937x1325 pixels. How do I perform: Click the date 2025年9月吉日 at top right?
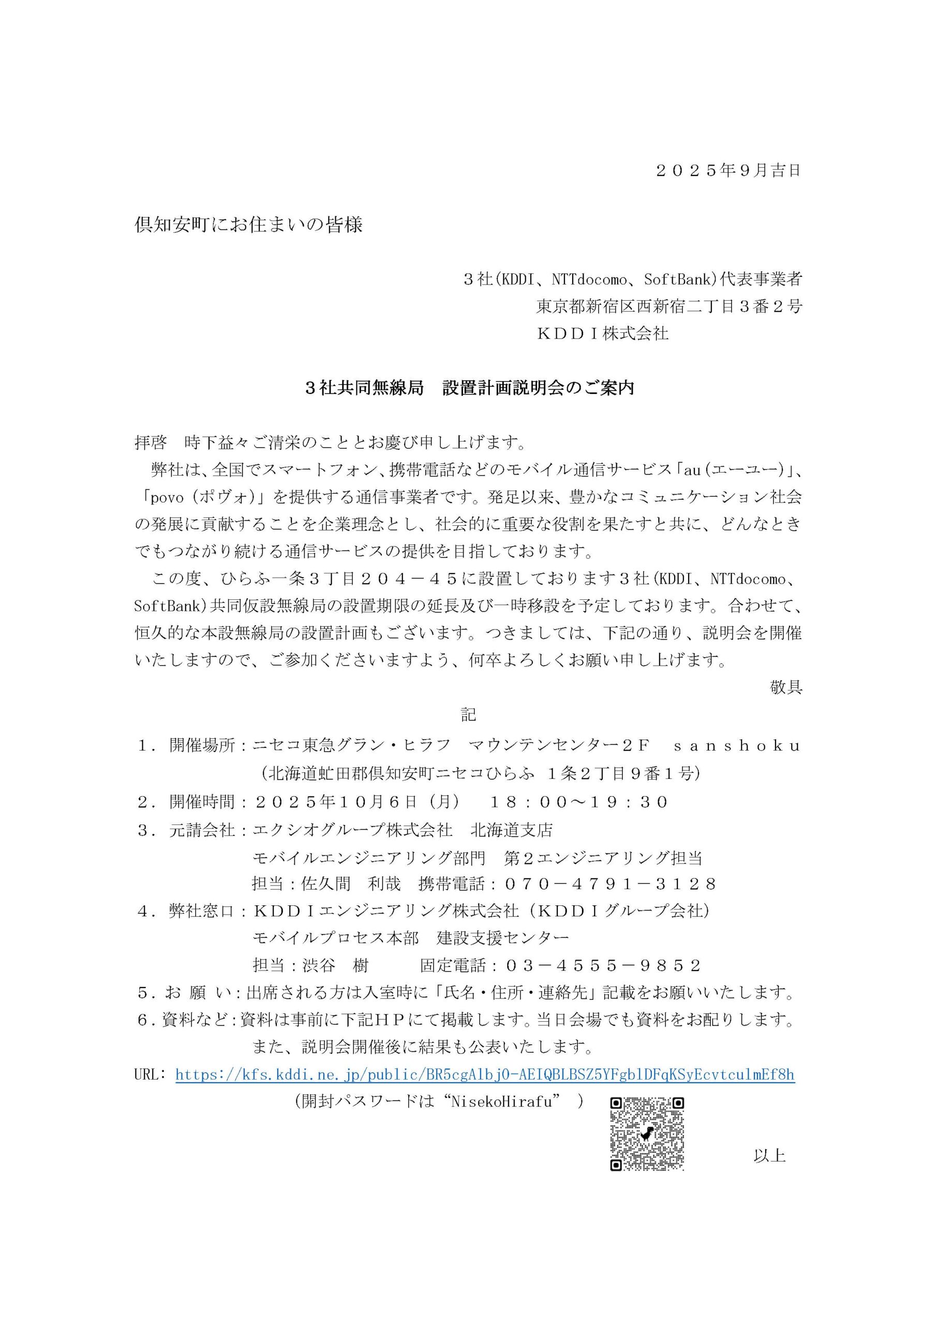(728, 171)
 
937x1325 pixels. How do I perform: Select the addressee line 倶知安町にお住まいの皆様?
(248, 225)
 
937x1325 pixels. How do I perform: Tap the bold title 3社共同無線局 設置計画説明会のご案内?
(470, 388)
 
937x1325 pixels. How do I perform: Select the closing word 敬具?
(785, 687)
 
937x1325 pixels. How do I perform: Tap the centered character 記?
(469, 715)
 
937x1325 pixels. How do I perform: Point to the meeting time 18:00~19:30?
(578, 802)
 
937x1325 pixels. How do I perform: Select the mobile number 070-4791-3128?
(610, 884)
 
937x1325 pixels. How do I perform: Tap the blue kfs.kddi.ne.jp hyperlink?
(485, 1074)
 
